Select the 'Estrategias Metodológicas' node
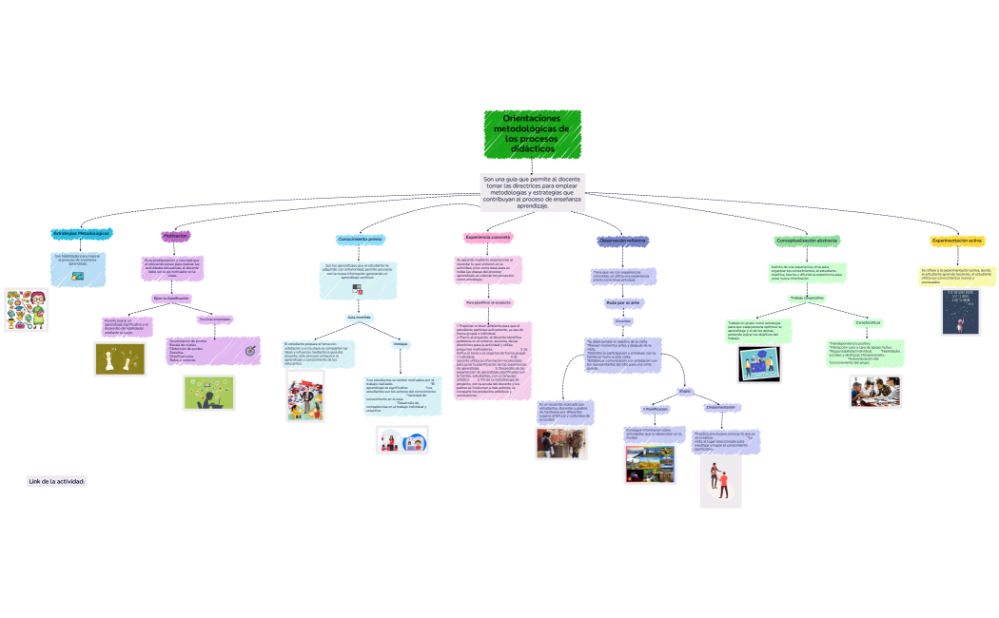[81, 233]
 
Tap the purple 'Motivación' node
[175, 235]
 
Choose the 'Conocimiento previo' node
[360, 239]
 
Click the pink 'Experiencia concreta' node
[489, 237]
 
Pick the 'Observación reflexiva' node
[622, 241]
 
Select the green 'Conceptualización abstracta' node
[806, 241]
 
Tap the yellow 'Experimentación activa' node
[957, 241]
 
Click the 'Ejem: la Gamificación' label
[172, 299]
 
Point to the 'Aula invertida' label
[359, 317]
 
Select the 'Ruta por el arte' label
[623, 302]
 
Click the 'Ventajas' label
[401, 343]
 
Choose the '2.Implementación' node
[719, 407]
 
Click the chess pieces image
[121, 358]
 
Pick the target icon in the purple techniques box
[250, 351]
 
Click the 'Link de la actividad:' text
[57, 481]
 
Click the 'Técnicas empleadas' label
[215, 319]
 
